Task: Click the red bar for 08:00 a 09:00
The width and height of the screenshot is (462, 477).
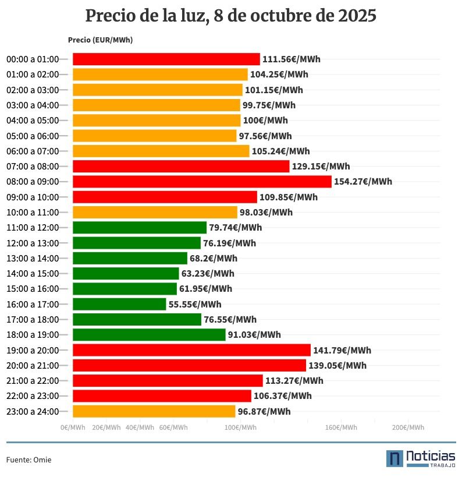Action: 202,182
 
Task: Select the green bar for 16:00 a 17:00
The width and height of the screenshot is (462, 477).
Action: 119,304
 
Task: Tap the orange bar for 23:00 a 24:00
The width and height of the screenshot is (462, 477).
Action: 154,411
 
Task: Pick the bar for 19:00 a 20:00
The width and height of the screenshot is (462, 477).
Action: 191,350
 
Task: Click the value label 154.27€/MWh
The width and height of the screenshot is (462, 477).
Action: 363,182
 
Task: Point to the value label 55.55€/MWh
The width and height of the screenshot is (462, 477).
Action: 195,304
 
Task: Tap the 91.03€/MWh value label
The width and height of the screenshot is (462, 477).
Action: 254,335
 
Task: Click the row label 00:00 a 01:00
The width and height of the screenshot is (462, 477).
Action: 33,59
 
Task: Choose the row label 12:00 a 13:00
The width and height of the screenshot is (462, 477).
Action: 33,243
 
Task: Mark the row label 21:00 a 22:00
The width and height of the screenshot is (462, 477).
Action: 33,381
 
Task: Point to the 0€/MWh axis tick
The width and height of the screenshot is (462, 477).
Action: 73,427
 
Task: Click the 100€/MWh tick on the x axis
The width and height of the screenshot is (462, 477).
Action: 241,427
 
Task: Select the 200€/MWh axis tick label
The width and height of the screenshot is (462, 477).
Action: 408,427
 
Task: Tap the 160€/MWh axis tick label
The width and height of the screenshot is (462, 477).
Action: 341,427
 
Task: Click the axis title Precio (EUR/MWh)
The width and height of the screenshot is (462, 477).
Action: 100,40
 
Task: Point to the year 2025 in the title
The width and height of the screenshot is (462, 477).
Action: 357,16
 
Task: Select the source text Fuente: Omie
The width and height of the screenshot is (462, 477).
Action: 29,460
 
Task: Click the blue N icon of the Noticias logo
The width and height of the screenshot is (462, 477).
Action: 395,458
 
